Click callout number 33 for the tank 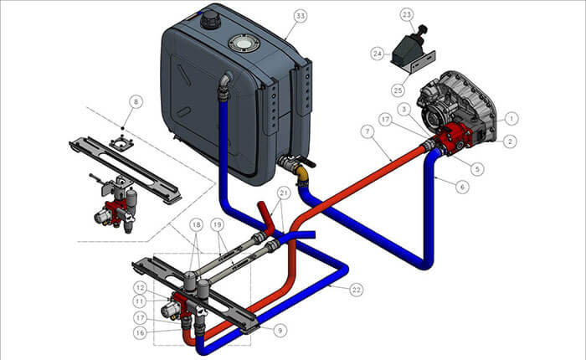[x=301, y=16]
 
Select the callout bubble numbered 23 [x=407, y=14]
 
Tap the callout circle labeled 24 [x=378, y=54]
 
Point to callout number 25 [x=398, y=90]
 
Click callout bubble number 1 [x=511, y=119]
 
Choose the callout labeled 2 [x=510, y=141]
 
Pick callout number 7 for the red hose [x=368, y=131]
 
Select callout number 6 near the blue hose [x=462, y=186]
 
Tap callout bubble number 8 [x=136, y=101]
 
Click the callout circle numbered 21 [x=284, y=193]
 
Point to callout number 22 [x=356, y=290]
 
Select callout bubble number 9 [x=280, y=330]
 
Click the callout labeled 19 [x=217, y=224]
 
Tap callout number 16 [x=140, y=332]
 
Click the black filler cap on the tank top [x=210, y=20]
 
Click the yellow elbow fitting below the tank [x=301, y=176]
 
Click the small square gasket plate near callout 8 [x=122, y=143]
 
